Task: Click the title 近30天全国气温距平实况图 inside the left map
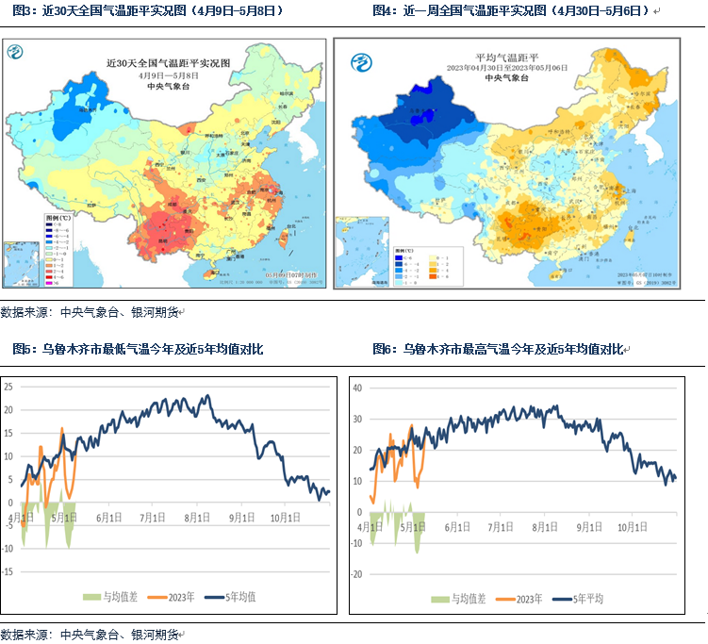click(156, 63)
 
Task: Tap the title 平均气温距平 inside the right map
click(510, 58)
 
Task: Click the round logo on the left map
click(16, 54)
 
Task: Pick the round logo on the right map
click(362, 63)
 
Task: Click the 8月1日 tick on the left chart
click(196, 518)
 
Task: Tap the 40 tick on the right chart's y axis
click(357, 388)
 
